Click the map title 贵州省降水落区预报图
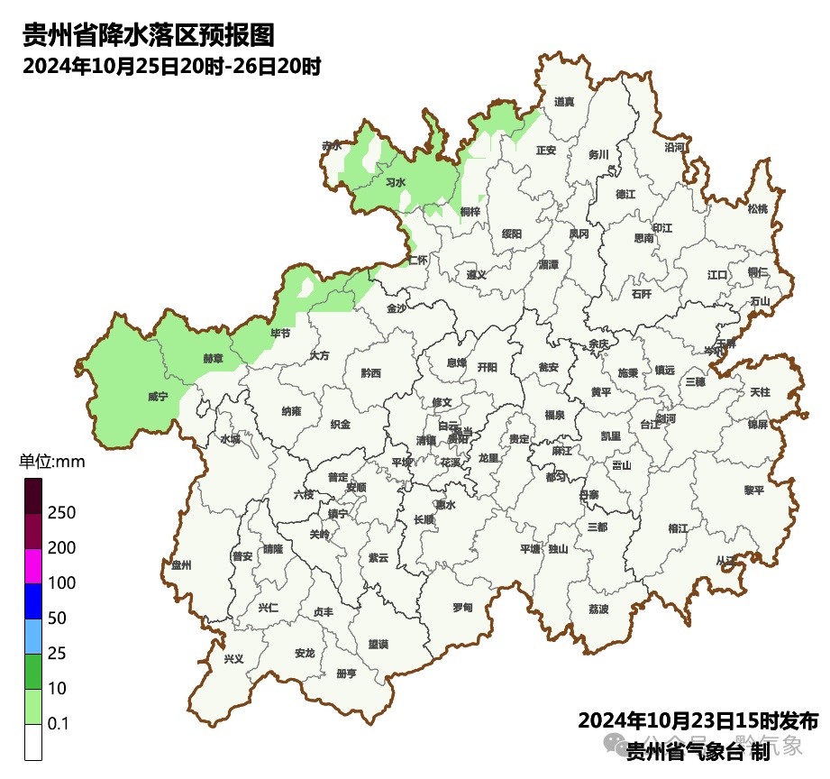coord(148,35)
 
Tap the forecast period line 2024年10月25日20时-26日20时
coord(172,67)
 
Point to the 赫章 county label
coord(213,358)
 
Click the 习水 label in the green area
coord(395,183)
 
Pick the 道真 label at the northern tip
coord(564,102)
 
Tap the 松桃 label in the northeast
coord(758,209)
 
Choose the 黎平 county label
coord(753,490)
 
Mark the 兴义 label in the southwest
coord(233,659)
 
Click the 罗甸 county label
coord(462,608)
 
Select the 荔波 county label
coord(598,609)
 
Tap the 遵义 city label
coord(476,275)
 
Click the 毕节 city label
coord(280,334)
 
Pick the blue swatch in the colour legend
coord(33,601)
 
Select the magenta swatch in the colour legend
coord(33,566)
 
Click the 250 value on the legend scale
coord(61,513)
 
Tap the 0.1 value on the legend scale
coord(59,724)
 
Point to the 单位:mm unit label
coord(51,463)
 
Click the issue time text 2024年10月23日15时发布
coord(698,721)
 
